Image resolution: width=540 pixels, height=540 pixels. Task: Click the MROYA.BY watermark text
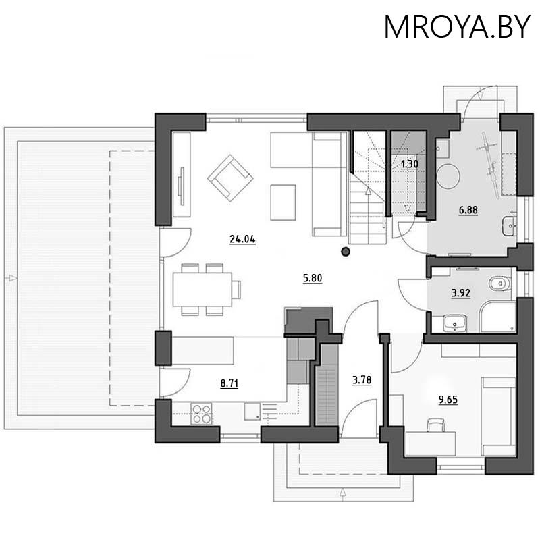tap(457, 26)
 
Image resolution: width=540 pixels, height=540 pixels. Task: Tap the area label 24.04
tap(242, 239)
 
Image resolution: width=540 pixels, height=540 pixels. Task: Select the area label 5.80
tap(312, 277)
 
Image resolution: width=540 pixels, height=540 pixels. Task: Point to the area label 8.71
tap(230, 383)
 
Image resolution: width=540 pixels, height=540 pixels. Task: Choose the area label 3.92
tap(460, 293)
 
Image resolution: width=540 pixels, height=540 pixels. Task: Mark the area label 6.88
tap(468, 210)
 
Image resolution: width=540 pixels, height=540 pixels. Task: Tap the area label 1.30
tap(409, 163)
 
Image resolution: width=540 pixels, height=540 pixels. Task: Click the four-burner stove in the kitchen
tap(202, 413)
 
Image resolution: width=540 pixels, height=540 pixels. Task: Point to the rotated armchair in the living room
tap(230, 178)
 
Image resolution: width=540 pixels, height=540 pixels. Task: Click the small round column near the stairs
tap(346, 252)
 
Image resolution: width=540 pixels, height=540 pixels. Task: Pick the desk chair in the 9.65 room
tap(436, 424)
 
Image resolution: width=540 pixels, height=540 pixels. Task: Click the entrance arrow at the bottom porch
tap(344, 492)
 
